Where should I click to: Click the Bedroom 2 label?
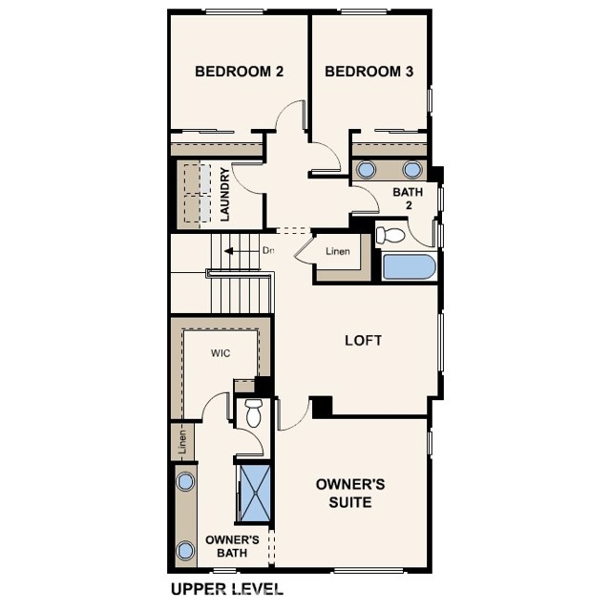tap(239, 72)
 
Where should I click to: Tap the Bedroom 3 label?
tap(369, 72)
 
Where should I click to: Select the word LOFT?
tap(363, 341)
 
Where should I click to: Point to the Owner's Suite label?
tap(350, 493)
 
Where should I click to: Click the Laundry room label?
tap(225, 195)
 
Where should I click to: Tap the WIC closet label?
tap(221, 353)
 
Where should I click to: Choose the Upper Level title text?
tap(227, 589)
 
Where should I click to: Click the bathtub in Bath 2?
tap(409, 267)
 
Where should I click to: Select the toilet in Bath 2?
tap(390, 235)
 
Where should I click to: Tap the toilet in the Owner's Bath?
tap(253, 413)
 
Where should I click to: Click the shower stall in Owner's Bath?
tap(255, 493)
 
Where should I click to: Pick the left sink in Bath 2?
tap(367, 170)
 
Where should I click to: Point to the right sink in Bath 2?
tap(412, 170)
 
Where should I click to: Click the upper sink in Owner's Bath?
tap(185, 481)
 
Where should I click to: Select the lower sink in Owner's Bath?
tap(185, 551)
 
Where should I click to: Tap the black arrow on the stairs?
tap(229, 251)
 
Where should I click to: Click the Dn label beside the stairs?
tap(268, 250)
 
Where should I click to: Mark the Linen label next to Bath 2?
tap(338, 251)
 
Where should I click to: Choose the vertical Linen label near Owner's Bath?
tap(182, 441)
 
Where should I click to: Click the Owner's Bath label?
tap(232, 546)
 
